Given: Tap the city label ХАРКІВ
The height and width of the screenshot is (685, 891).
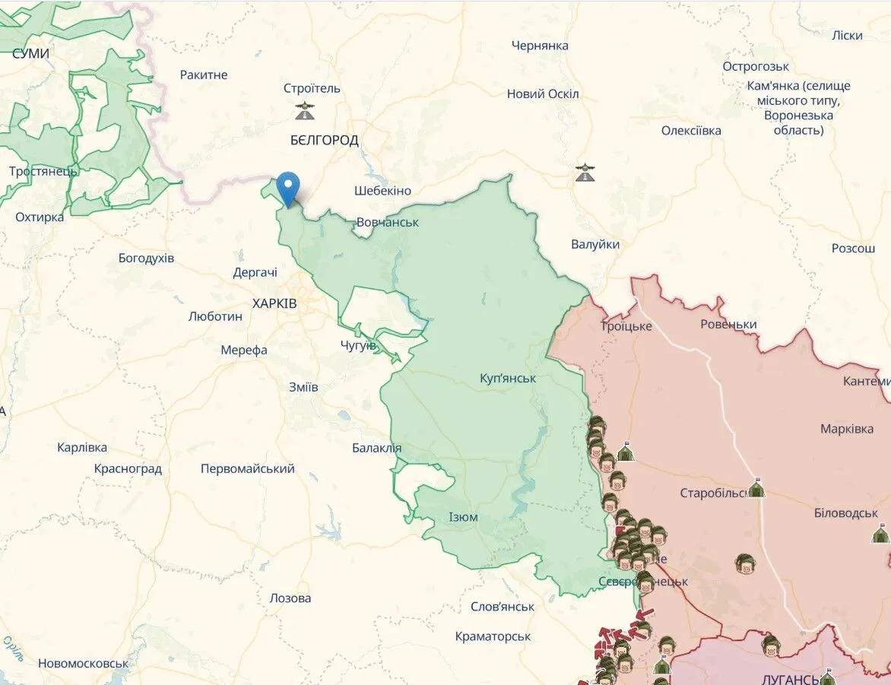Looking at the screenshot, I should coord(274,303).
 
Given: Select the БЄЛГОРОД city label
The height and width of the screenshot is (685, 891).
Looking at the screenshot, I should coord(325,140).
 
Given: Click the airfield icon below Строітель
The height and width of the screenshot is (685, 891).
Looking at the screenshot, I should coord(305,111).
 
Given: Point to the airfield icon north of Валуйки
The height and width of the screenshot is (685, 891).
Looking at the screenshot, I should coord(584,173).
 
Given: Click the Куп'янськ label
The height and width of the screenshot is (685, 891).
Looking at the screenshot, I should coord(508,378).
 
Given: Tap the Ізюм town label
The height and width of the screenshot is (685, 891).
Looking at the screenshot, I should coord(462,517).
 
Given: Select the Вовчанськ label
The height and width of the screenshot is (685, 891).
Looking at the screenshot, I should coord(388,222).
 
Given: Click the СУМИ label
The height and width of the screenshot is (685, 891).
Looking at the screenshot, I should coord(30,53).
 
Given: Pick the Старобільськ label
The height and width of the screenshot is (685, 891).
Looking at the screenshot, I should coord(715,493).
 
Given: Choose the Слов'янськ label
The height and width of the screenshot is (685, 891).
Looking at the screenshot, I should coord(503,607).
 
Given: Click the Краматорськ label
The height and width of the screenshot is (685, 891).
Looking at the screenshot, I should coord(493,636).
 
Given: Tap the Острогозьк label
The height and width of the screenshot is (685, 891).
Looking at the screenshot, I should coord(756,66).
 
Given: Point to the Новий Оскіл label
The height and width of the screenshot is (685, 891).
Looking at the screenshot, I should coord(543,94).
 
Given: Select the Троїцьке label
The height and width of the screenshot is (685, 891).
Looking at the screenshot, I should coord(626,326).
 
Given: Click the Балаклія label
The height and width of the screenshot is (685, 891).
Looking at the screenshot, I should coord(376,448).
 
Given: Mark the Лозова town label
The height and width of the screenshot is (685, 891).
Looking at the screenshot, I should coord(290,598).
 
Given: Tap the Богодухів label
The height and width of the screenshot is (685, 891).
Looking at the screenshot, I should coord(146,258).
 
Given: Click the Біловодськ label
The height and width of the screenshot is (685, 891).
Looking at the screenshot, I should coord(845,513).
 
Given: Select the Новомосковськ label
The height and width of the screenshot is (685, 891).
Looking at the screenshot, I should coord(84,663).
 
